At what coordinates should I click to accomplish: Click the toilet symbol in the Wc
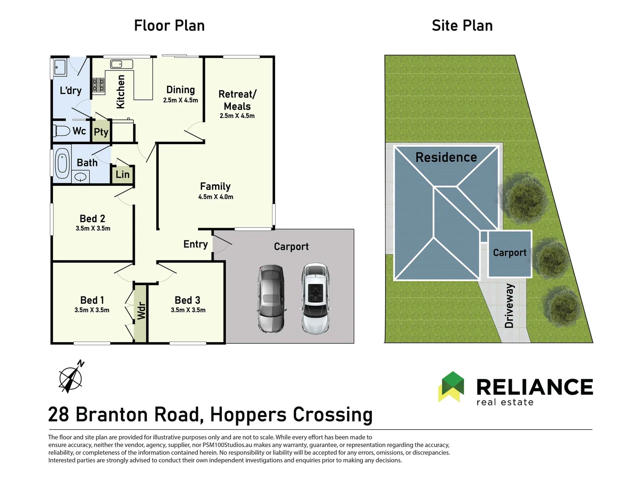pyautogui.click(x=62, y=131)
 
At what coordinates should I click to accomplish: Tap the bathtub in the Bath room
pyautogui.click(x=62, y=164)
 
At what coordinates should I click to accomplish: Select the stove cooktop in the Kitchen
pyautogui.click(x=98, y=85)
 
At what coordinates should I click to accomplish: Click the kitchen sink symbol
pyautogui.click(x=121, y=64)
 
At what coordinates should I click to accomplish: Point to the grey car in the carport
pyautogui.click(x=271, y=299)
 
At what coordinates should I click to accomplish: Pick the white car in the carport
pyautogui.click(x=315, y=299)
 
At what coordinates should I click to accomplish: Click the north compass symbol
pyautogui.click(x=71, y=377)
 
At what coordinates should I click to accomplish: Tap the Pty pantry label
pyautogui.click(x=101, y=132)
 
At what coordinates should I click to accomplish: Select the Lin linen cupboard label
pyautogui.click(x=123, y=174)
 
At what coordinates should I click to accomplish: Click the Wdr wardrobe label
pyautogui.click(x=141, y=311)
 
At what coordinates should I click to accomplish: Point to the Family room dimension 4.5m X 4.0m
pyautogui.click(x=216, y=197)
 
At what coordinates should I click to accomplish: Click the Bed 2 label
pyautogui.click(x=92, y=218)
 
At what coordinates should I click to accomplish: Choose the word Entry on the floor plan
pyautogui.click(x=195, y=244)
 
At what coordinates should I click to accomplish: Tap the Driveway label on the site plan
pyautogui.click(x=509, y=306)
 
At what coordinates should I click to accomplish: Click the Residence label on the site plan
pyautogui.click(x=446, y=157)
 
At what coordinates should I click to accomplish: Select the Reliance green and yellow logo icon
pyautogui.click(x=451, y=387)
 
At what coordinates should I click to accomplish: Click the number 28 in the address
pyautogui.click(x=58, y=414)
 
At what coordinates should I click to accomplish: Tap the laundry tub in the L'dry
pyautogui.click(x=60, y=67)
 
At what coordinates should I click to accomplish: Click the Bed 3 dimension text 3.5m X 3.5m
pyautogui.click(x=188, y=310)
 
